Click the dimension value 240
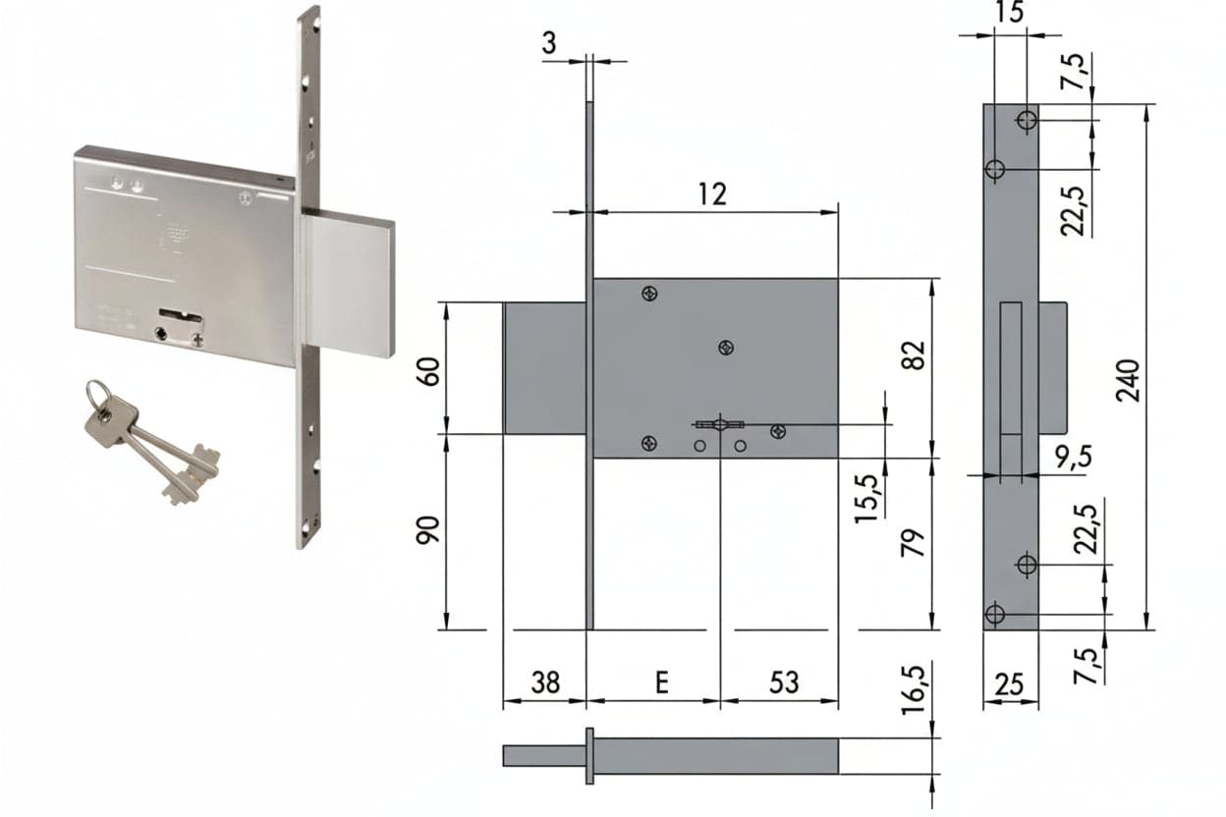tap(1128, 381)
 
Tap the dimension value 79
tap(913, 542)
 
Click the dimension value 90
tap(428, 529)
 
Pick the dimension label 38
tap(545, 682)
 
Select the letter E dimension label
tap(662, 682)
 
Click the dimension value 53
tap(784, 682)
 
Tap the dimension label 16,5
tap(913, 689)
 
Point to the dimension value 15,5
tap(866, 498)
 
